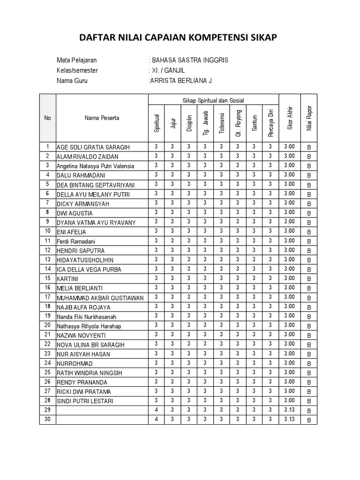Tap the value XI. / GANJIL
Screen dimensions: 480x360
166,70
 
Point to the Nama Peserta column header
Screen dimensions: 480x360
102,118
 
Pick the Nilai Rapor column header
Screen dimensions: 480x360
309,118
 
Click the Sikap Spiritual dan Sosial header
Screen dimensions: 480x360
213,100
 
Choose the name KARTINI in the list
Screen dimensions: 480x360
68,278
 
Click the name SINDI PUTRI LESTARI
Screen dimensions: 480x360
85,401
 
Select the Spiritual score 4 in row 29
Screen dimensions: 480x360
156,410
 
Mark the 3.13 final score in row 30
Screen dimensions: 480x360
289,419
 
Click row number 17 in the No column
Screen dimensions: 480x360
47,297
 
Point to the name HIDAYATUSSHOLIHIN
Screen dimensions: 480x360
85,260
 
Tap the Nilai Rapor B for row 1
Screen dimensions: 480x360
309,147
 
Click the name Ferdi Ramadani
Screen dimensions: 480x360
76,241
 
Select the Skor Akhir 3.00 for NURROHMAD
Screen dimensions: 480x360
289,362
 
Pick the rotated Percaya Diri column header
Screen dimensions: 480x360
270,122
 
